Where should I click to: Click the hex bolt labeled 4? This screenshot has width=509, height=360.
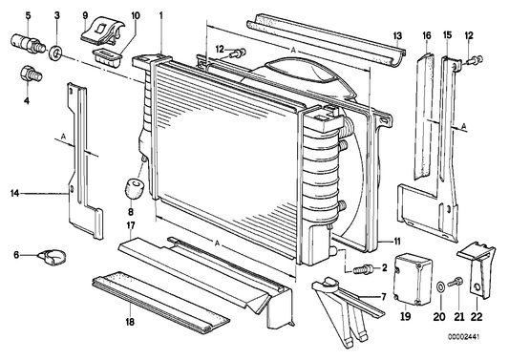coord(31,74)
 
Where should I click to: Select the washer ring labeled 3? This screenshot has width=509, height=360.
coord(56,53)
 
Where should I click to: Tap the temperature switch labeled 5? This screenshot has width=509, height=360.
coord(28,44)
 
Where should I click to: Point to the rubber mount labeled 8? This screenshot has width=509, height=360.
coord(135,187)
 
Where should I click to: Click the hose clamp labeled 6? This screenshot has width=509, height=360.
coord(52,257)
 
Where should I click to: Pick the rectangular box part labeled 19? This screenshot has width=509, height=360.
coord(413,281)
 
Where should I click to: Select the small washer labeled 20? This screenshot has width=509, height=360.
coord(441,287)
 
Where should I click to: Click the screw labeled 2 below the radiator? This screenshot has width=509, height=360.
coord(363,269)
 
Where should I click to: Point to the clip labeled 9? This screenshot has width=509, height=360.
coord(102,32)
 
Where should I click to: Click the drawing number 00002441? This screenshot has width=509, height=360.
coord(463,337)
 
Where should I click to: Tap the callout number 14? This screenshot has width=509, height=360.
coord(14,194)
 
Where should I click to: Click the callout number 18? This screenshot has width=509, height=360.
coord(130,322)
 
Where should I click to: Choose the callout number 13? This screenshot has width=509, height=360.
coord(397,35)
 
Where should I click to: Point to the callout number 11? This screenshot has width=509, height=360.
coord(397,242)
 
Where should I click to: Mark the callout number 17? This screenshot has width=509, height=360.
coord(131,225)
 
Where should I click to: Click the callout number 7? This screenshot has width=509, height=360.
coord(383,296)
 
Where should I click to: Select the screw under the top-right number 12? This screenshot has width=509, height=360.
coord(475,60)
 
